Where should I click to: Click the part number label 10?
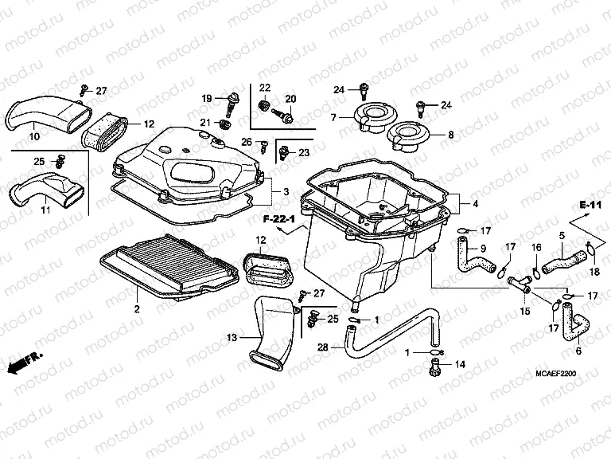tap(34, 137)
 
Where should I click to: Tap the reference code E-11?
tap(589, 206)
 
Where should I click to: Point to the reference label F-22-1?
tap(279, 218)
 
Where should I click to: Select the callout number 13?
tap(232, 339)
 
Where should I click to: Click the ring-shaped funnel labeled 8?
tap(414, 136)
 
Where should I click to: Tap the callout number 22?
tap(264, 87)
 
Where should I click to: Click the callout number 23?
tap(304, 152)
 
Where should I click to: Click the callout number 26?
tap(247, 142)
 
